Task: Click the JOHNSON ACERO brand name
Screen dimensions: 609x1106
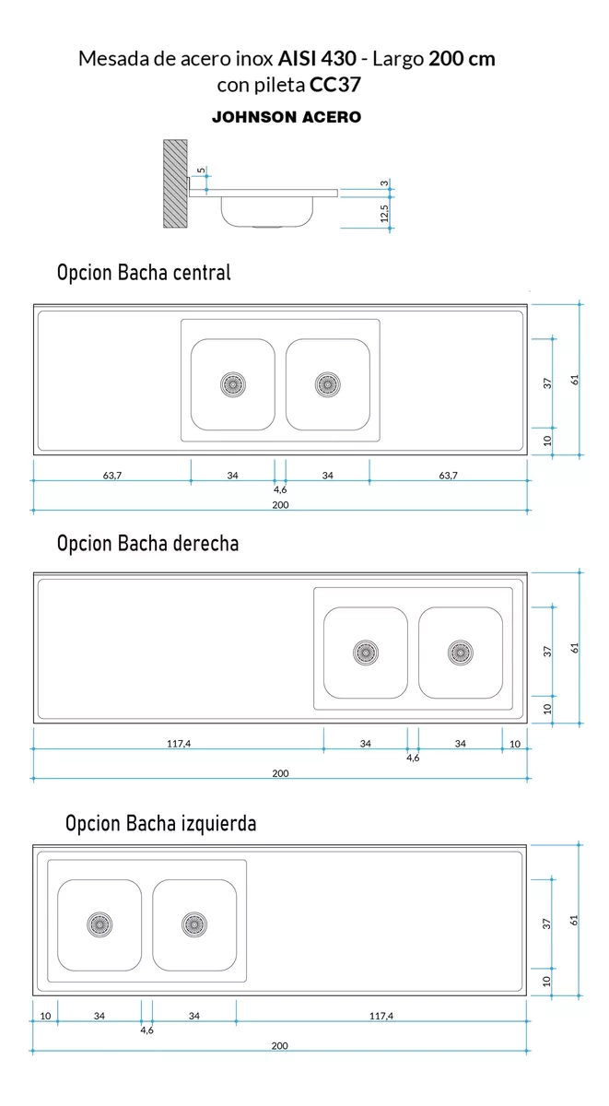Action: [x=287, y=117]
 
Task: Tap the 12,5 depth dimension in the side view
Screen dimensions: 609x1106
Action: [x=384, y=213]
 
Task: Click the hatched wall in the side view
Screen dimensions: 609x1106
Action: [x=175, y=183]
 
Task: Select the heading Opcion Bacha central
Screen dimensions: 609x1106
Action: [x=144, y=273]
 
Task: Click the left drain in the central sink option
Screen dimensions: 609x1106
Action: [x=233, y=384]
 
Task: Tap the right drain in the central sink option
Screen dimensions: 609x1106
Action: [x=328, y=384]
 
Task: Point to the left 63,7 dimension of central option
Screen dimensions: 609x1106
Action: [x=112, y=476]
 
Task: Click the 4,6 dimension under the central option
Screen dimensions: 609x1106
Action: [x=280, y=489]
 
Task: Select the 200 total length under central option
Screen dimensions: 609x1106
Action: [x=280, y=505]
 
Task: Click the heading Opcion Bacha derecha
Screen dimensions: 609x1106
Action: [x=147, y=544]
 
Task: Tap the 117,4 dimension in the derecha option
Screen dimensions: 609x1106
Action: [x=179, y=744]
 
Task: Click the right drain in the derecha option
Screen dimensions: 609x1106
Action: [x=461, y=653]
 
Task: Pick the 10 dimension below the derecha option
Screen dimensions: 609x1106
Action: [x=515, y=744]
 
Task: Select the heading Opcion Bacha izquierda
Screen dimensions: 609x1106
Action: [x=161, y=824]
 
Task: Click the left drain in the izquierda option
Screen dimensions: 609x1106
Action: [x=100, y=924]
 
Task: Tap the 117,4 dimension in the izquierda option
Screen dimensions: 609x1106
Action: [x=381, y=1016]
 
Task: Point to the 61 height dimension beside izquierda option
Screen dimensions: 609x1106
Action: [x=573, y=921]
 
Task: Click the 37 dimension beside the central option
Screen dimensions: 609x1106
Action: [x=547, y=383]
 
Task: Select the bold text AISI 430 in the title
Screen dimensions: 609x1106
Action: [x=317, y=59]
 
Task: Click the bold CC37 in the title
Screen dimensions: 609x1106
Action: [x=335, y=85]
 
